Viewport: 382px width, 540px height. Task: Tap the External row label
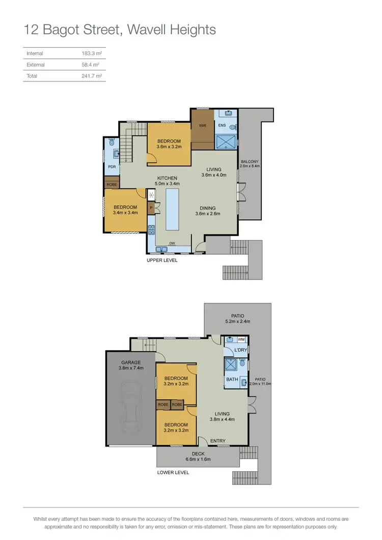point(36,65)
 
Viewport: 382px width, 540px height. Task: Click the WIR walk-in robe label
point(202,125)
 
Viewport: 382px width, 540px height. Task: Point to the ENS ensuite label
point(222,125)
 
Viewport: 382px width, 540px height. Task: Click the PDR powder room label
point(112,166)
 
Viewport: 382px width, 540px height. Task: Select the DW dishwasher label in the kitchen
point(173,243)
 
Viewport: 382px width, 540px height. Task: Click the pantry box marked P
point(151,208)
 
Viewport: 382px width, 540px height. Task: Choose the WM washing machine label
point(241,339)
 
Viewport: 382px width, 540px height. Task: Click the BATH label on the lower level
point(232,379)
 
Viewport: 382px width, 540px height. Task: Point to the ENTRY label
point(218,441)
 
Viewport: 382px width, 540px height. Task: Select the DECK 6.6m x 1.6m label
point(198,457)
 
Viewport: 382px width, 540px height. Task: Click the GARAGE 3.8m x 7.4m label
point(131,365)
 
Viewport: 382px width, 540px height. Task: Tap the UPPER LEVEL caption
point(162,260)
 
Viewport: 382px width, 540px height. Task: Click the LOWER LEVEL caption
point(173,472)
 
